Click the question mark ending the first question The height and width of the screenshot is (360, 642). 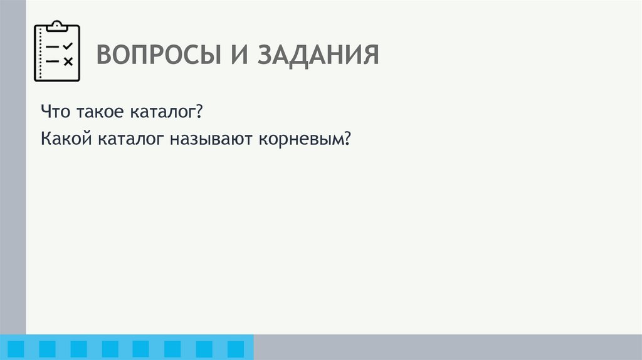(x=197, y=113)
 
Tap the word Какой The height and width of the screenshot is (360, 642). (x=66, y=139)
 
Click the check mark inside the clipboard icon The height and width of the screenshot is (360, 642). (x=68, y=46)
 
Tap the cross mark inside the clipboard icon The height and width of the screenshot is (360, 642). (x=68, y=61)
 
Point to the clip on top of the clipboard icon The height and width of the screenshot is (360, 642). (x=57, y=26)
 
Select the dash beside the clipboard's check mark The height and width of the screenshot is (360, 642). (x=52, y=47)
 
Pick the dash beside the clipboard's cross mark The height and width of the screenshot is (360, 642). (x=52, y=61)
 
